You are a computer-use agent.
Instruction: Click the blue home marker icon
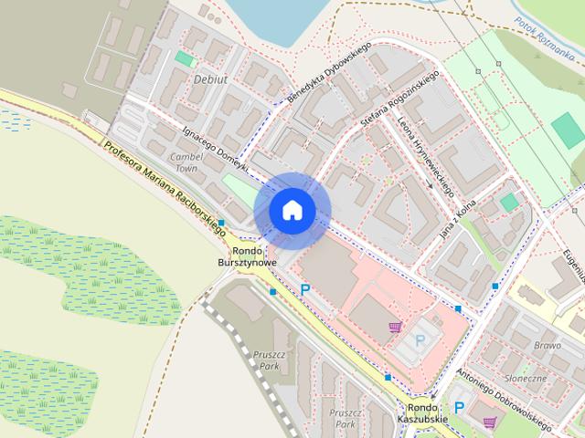pos(292,210)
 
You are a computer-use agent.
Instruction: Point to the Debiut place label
pos(210,80)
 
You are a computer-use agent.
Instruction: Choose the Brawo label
pos(547,346)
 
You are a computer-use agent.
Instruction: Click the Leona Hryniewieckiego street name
pos(426,151)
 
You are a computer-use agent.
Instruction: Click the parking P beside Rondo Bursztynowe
pos(305,289)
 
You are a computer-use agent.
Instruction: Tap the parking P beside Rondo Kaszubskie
pos(460,409)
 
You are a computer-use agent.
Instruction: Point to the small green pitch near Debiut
pos(185,58)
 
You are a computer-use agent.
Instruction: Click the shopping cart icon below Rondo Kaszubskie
pos(490,422)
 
